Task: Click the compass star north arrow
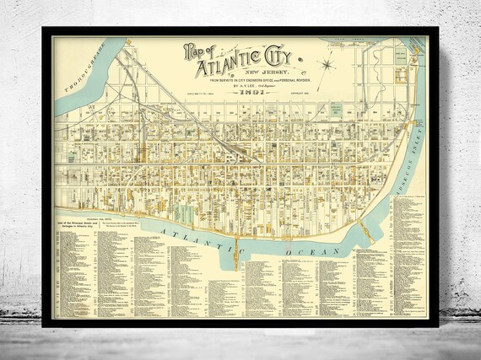327,62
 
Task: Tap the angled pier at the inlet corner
366,229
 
